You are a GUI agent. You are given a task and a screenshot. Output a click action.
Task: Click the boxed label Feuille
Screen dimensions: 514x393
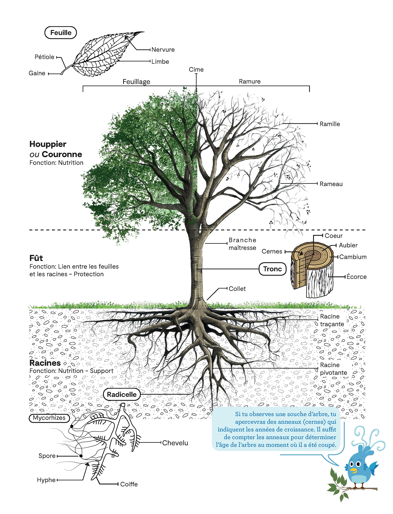click(61, 33)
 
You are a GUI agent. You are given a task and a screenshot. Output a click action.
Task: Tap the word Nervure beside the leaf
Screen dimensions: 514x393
click(163, 50)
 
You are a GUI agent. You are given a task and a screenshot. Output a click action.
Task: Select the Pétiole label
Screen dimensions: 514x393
click(44, 57)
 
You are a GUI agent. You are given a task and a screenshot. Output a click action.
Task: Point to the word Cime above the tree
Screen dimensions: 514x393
click(196, 70)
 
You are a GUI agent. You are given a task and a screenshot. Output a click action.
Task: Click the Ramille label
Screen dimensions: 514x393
click(330, 124)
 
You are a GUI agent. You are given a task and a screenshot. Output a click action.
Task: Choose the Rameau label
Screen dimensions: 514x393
click(331, 184)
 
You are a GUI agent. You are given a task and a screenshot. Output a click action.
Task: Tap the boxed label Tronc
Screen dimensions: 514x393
click(273, 269)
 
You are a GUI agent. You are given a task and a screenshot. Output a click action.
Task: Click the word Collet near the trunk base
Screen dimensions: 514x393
click(237, 289)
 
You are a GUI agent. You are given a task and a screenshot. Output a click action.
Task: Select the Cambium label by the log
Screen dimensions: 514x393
click(353, 257)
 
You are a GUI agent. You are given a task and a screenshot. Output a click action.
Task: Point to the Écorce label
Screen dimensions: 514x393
click(356, 277)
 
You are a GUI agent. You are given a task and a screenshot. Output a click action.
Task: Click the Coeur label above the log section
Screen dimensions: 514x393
click(334, 236)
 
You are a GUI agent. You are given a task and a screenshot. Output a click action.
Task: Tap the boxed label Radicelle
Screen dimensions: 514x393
click(122, 394)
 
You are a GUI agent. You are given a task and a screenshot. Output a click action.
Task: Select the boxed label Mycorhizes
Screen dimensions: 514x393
click(49, 418)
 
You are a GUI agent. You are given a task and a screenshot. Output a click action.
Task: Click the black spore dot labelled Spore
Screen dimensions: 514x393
click(81, 456)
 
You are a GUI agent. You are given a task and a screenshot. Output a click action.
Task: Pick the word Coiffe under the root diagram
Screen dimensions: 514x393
click(129, 484)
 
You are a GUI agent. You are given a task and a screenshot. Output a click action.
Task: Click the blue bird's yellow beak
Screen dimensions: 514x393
click(354, 470)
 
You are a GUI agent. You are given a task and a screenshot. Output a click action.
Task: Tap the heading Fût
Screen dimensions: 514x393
click(36, 258)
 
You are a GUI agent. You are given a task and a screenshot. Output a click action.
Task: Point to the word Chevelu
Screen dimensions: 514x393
click(175, 443)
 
